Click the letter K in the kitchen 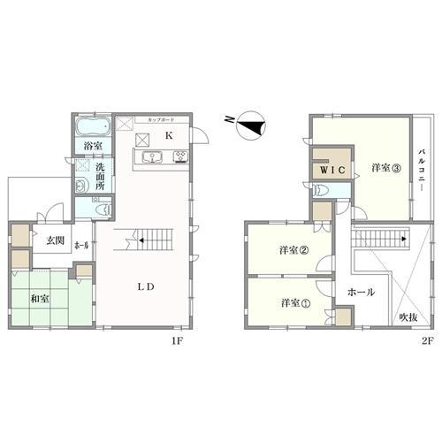(x=169, y=135)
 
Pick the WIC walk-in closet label (x=331, y=168)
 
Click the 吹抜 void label (x=408, y=316)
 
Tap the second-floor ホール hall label (x=362, y=292)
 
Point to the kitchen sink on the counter (x=150, y=158)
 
